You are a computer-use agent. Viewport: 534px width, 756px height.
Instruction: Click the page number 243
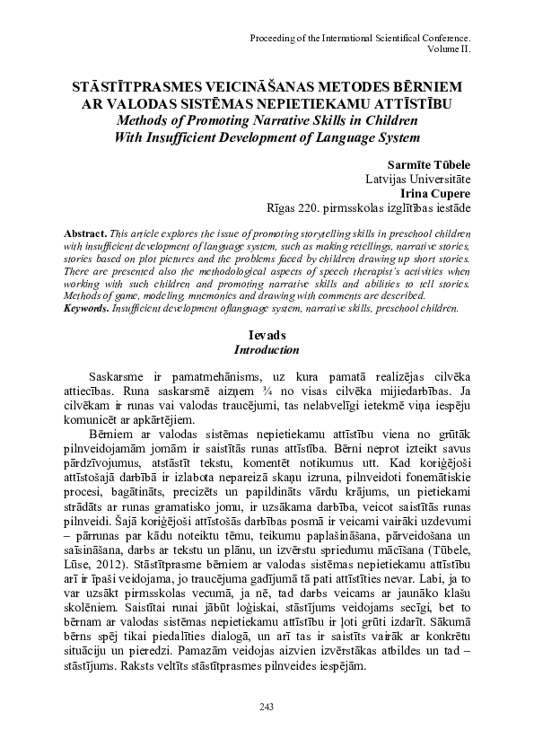[266, 708]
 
